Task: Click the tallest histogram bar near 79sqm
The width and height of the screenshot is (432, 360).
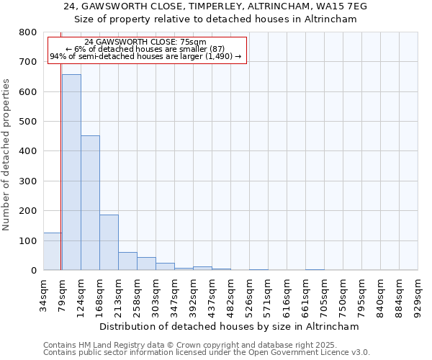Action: click(x=71, y=173)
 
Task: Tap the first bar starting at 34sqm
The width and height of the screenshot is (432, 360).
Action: click(x=52, y=251)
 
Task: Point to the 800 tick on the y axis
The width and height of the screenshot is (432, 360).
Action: click(x=28, y=32)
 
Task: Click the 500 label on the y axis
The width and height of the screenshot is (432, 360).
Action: click(x=28, y=122)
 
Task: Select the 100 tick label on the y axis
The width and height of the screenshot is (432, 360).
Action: click(x=28, y=240)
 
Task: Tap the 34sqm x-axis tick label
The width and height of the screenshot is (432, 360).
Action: click(x=44, y=293)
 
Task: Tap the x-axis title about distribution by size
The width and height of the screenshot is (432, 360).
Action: click(x=230, y=326)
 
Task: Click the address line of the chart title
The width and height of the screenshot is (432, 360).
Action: click(x=216, y=6)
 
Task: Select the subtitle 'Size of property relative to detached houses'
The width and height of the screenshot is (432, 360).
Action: click(x=216, y=19)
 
